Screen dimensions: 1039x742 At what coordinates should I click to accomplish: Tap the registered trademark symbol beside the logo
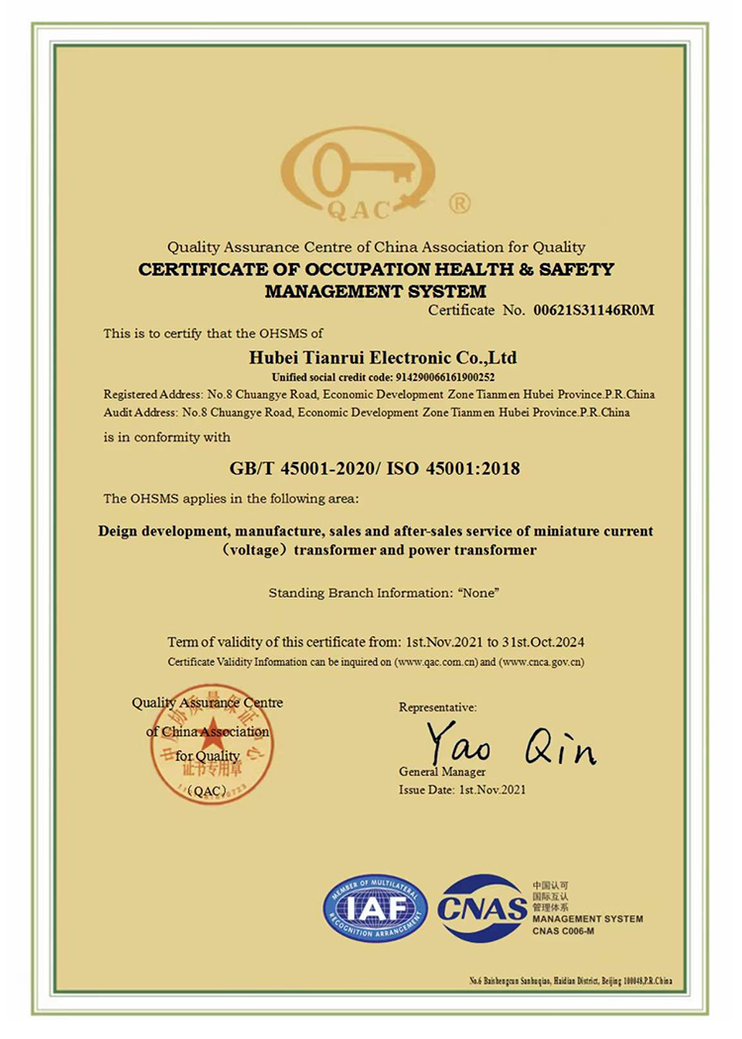coord(460,204)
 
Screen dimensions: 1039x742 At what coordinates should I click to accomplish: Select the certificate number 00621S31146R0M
coord(594,311)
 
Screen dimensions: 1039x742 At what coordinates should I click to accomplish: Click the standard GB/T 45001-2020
coord(297,467)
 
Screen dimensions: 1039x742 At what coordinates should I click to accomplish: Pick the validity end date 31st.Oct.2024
coord(553,641)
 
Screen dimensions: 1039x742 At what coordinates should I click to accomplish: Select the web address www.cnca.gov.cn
coord(542,660)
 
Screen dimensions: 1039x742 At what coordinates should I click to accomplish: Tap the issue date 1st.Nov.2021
coord(492,790)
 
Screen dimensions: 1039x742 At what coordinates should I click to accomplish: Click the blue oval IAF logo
coord(376,907)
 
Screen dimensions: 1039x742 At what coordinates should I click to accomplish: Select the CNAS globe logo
coord(482,907)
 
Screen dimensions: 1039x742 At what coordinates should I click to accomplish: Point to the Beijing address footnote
coord(571,981)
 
